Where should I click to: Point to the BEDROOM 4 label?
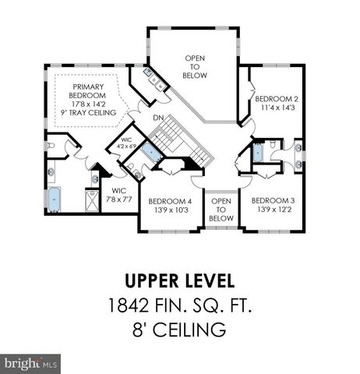[170, 200]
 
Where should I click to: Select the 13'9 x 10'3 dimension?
[170, 210]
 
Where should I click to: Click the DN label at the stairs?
[158, 118]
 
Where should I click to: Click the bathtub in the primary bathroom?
[55, 200]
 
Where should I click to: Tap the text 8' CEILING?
[180, 330]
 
